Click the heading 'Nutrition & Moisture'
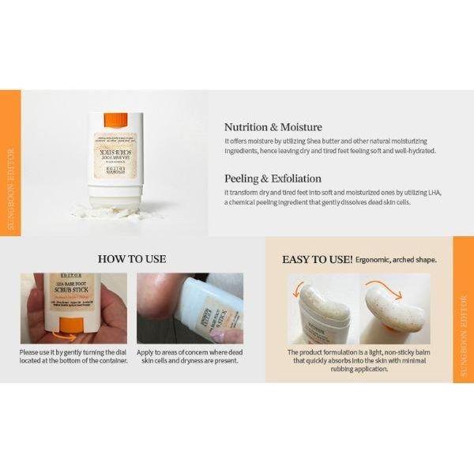[x=273, y=126]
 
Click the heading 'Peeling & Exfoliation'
[x=273, y=179]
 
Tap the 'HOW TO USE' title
[x=130, y=258]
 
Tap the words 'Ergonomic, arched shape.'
[x=396, y=259]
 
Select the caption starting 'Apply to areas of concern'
[x=190, y=355]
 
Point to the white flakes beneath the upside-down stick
[x=111, y=211]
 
